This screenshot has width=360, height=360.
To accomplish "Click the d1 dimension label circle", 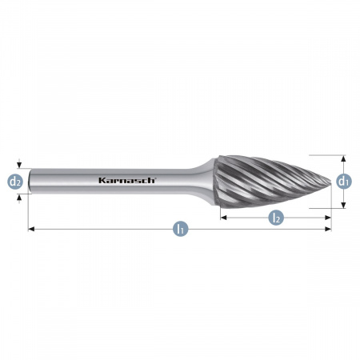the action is point(344,182).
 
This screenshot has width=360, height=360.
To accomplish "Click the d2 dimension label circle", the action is point(15,182).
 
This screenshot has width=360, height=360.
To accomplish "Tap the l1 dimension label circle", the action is point(181,229).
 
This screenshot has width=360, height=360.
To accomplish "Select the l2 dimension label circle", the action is point(276,218).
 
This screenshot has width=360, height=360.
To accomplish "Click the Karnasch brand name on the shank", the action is point(126,181).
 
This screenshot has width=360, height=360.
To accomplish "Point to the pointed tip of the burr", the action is point(330,182).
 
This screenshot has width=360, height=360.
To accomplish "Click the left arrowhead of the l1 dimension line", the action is point(31,229).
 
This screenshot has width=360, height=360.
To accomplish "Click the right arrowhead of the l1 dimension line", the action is point(328,229).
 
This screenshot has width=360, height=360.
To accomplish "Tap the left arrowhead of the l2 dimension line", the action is point(223,218).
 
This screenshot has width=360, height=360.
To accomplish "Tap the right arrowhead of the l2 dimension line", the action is point(328,218).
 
